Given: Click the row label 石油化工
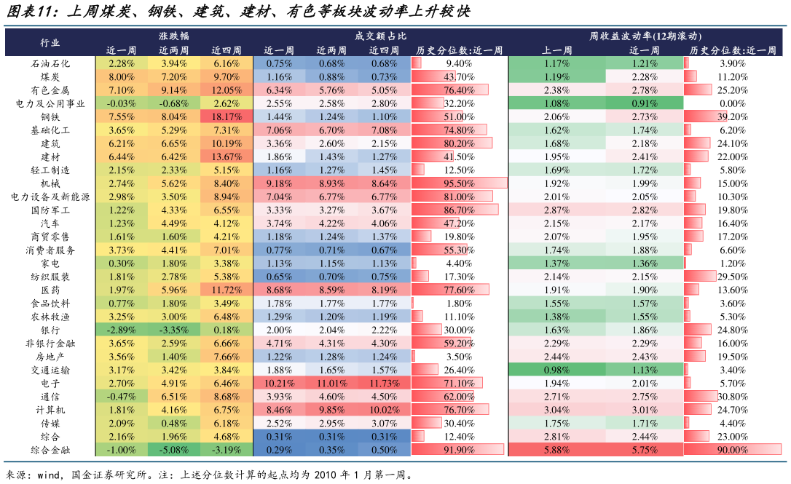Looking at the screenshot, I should [50, 63].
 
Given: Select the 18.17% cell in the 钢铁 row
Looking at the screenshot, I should [227, 116].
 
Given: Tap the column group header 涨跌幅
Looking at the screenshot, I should [174, 36].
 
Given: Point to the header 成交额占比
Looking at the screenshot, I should [380, 36].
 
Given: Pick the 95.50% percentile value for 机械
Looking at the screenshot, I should [460, 183].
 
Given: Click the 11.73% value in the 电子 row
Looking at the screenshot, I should [383, 383].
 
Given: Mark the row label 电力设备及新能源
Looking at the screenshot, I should [50, 197].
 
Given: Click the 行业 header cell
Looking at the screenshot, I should [50, 43].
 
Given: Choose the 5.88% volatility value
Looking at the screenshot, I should [557, 450].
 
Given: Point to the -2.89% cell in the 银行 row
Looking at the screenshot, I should [122, 330].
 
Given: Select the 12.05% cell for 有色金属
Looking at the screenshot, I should [227, 90].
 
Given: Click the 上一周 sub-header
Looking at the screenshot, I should [557, 50].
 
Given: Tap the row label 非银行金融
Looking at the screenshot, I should [50, 343].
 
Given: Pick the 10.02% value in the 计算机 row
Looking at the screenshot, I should [383, 410].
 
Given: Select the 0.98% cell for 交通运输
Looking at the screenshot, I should [557, 370].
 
